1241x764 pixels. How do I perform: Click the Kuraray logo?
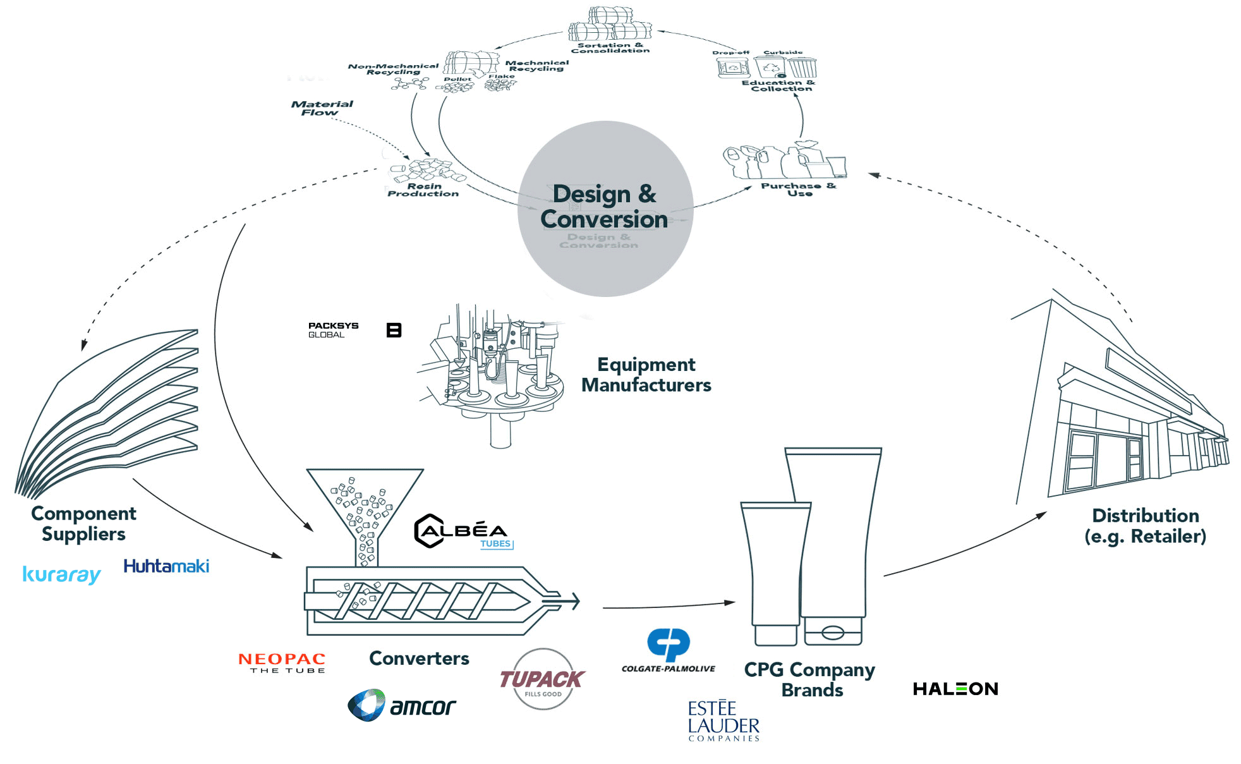pyautogui.click(x=61, y=574)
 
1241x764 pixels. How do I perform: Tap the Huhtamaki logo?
pyautogui.click(x=166, y=566)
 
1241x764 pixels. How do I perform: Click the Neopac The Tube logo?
pyautogui.click(x=282, y=663)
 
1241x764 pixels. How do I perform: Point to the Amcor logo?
pyautogui.click(x=402, y=705)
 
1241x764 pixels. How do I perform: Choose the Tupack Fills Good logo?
pyautogui.click(x=542, y=679)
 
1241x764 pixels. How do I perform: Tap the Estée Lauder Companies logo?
pyautogui.click(x=723, y=720)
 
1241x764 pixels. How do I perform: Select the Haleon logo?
pyautogui.click(x=955, y=689)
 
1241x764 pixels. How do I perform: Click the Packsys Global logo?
pyautogui.click(x=333, y=330)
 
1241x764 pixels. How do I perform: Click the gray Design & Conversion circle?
pyautogui.click(x=605, y=209)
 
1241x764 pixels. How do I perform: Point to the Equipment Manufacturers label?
pyautogui.click(x=646, y=375)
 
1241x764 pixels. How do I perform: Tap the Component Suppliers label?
pyautogui.click(x=83, y=524)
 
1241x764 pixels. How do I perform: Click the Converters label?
pyautogui.click(x=419, y=658)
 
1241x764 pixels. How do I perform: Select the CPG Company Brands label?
pyautogui.click(x=810, y=679)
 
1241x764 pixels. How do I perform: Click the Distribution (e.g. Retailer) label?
pyautogui.click(x=1145, y=526)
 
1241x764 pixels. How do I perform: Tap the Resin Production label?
pyautogui.click(x=423, y=190)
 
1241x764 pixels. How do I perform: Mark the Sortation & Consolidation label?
pyautogui.click(x=610, y=48)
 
